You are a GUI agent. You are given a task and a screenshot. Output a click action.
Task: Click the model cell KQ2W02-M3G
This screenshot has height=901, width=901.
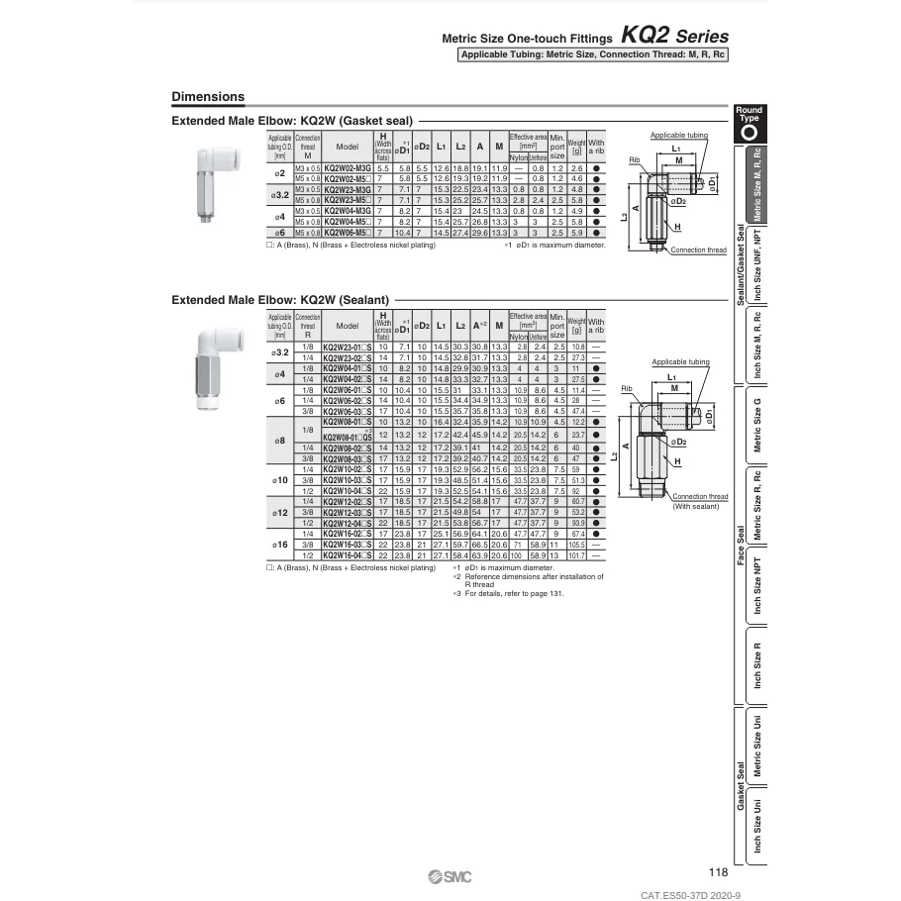point(348,169)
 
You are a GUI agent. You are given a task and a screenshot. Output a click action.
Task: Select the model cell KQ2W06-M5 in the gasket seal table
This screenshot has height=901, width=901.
point(347,232)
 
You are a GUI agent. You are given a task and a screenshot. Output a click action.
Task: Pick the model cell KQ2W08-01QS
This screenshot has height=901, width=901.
point(348,435)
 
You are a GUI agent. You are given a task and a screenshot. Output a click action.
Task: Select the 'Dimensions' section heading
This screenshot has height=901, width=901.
point(208,97)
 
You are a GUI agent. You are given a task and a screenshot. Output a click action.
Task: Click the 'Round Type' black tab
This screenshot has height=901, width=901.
point(750,123)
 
